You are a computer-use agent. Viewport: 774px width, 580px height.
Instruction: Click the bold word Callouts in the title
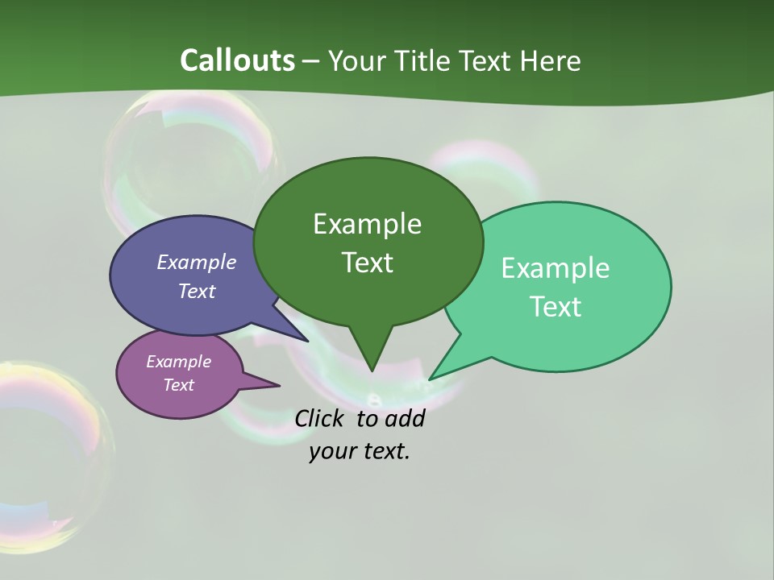[x=237, y=60]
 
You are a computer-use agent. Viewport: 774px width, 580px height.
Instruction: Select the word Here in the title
[x=551, y=60]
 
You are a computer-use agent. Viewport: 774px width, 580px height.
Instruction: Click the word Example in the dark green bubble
[x=367, y=224]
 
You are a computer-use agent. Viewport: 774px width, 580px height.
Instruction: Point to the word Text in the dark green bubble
[x=367, y=263]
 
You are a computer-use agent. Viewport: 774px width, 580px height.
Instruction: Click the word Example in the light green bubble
[x=556, y=268]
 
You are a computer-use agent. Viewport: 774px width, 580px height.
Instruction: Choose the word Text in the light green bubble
[x=556, y=307]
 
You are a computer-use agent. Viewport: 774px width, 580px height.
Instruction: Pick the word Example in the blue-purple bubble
[x=196, y=263]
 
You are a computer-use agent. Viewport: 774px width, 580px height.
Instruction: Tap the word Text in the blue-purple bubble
[x=196, y=292]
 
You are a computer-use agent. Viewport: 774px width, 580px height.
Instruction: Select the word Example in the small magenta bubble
[x=178, y=362]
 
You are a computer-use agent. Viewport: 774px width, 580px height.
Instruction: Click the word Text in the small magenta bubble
[x=178, y=385]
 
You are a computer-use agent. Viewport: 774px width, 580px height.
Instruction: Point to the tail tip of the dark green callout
[x=372, y=370]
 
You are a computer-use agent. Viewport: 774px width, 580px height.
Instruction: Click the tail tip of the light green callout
[x=431, y=378]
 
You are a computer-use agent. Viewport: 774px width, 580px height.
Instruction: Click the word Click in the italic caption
[x=322, y=419]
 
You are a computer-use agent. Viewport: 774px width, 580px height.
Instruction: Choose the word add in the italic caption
[x=404, y=419]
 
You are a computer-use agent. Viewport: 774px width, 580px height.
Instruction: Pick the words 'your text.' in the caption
[x=360, y=451]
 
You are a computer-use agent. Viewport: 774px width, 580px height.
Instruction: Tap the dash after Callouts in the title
[x=312, y=60]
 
